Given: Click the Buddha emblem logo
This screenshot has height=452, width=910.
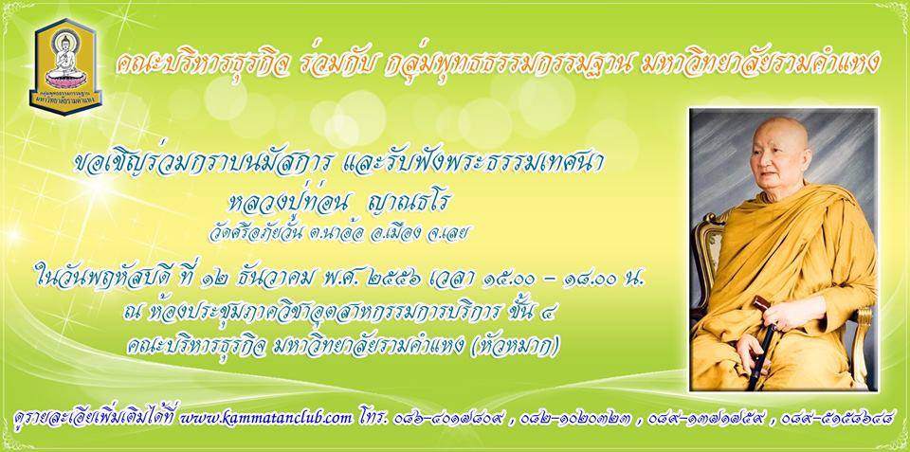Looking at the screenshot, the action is pyautogui.click(x=65, y=66).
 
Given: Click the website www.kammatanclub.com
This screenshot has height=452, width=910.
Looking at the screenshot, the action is pyautogui.click(x=266, y=418).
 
